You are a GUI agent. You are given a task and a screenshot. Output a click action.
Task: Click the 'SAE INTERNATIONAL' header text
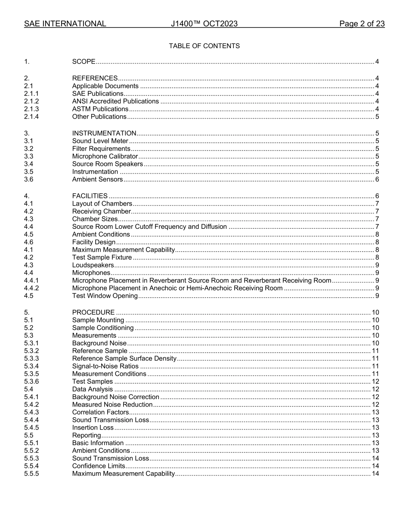point(65,24)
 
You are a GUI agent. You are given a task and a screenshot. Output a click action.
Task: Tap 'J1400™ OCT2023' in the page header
point(204,24)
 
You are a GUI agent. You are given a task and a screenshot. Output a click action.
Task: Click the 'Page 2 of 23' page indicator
point(362,24)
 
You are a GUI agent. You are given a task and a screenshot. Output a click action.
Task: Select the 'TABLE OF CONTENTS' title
point(204,46)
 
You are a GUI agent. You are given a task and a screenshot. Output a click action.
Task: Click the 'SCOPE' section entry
point(84,62)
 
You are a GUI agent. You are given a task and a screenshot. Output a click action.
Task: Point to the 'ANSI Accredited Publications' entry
point(115,101)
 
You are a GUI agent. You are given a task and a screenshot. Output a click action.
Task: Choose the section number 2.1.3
point(31,109)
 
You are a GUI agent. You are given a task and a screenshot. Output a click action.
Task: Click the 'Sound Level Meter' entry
point(100,141)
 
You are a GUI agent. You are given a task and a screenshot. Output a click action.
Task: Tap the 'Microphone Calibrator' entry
point(105,156)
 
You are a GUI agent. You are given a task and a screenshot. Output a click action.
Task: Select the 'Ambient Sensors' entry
point(97,179)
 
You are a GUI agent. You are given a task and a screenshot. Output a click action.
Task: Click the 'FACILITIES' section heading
point(90,196)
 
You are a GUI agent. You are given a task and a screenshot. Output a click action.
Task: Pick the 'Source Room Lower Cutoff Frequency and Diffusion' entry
point(149,227)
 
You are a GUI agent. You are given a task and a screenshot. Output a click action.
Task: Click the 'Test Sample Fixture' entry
point(102,258)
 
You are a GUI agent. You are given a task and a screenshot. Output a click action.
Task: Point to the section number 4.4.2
point(31,288)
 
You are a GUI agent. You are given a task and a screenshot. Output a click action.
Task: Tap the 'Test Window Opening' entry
point(105,296)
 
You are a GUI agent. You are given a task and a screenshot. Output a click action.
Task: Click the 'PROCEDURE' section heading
point(93,312)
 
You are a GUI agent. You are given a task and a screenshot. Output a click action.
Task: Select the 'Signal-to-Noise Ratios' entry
point(105,366)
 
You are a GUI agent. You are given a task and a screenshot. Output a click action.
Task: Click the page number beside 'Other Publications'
point(377,117)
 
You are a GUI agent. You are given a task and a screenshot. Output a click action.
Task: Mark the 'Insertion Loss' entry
point(93,428)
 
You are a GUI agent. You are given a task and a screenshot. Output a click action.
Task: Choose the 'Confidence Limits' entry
point(99,466)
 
